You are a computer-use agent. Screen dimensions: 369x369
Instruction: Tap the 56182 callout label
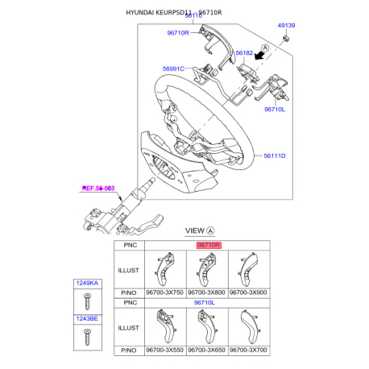[243, 52]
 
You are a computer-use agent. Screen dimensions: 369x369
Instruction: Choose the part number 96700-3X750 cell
[164, 292]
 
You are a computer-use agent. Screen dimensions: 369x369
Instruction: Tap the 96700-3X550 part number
[164, 351]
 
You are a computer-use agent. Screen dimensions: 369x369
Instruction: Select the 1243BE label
[86, 321]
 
